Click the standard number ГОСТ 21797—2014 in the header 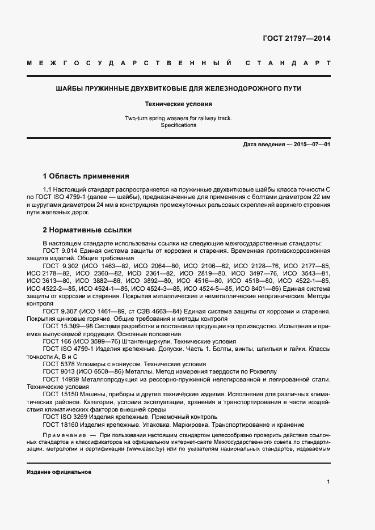(x=297, y=39)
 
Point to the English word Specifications (x=178, y=125)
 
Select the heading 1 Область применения (x=86, y=176)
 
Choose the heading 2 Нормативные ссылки (x=87, y=230)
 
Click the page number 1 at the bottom (x=328, y=482)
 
